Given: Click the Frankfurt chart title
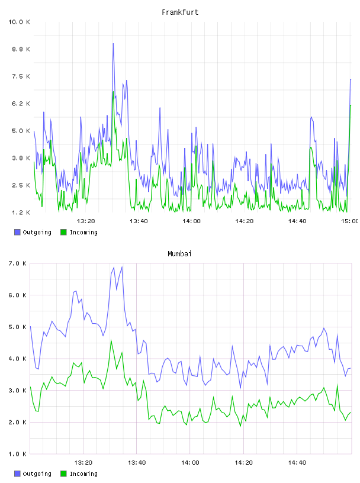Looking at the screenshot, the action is coord(180,12).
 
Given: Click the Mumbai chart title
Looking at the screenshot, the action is coord(179,254).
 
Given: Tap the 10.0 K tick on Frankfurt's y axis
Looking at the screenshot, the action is coord(19,22).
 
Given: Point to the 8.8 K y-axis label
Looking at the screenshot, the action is coord(21,49).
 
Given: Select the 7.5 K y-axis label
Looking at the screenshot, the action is coord(21,76).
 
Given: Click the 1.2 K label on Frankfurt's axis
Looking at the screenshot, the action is coord(21,212).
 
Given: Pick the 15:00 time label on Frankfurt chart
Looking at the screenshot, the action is coord(350,221).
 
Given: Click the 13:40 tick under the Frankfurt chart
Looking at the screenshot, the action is coord(139,221).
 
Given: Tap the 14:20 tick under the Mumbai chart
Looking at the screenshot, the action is coord(243,463).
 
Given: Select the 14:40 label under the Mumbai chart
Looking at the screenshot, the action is coord(297,463).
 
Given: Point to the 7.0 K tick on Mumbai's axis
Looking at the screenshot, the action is coord(18,263).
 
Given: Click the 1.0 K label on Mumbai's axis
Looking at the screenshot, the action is coord(18,454).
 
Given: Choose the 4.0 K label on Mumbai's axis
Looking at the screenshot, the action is coord(18,359).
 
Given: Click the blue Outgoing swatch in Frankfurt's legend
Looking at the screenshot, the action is coord(17,232).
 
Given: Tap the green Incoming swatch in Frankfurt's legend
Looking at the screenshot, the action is coord(63,232).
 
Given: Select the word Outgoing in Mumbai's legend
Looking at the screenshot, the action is coord(37,474).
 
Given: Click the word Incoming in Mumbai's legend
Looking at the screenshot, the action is coord(83,474).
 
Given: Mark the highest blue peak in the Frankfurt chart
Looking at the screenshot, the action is coord(113,43).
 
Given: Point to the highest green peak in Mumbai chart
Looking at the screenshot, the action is coord(111,340).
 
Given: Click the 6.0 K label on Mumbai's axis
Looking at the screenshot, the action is coord(18,295).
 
